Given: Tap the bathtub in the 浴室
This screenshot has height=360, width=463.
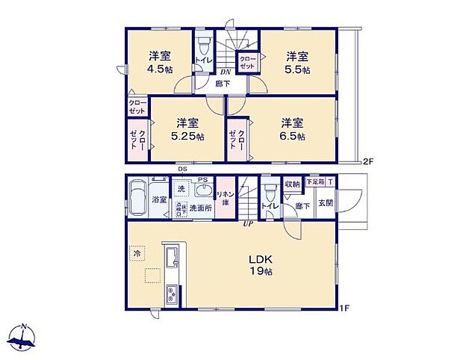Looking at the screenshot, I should coord(137,199).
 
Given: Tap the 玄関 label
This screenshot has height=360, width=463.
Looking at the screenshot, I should coord(326,204).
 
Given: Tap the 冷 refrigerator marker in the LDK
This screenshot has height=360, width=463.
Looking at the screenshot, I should coord(137,254).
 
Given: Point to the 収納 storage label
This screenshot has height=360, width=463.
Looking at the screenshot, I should coord(291,183).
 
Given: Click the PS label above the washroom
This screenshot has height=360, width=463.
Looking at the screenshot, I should coord(202,179).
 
